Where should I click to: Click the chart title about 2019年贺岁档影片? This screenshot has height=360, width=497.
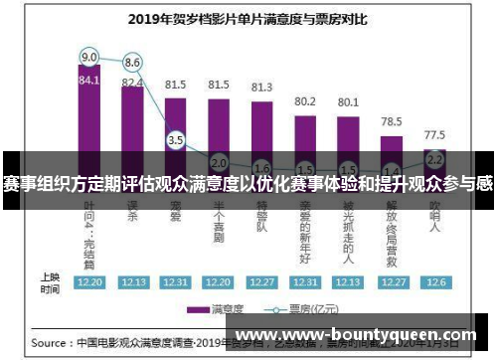coord(248,17)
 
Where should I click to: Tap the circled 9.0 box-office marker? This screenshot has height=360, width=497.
coord(89,56)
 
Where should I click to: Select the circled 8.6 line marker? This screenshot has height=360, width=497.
coord(132,62)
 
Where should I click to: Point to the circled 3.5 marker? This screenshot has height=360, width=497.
coord(176,141)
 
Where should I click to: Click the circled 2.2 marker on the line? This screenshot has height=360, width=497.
coord(434,158)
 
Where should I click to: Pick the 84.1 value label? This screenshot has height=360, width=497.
coord(89,80)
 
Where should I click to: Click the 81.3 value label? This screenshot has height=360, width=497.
coord(262,88)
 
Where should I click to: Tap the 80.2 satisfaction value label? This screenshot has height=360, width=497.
coord(305,101)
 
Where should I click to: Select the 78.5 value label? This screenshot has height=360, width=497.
coord(392,121)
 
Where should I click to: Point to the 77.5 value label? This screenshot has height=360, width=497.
coord(434,134)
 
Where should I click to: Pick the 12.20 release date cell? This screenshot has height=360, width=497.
coord(89,281)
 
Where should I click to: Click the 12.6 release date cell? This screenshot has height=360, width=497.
coord(434,281)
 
